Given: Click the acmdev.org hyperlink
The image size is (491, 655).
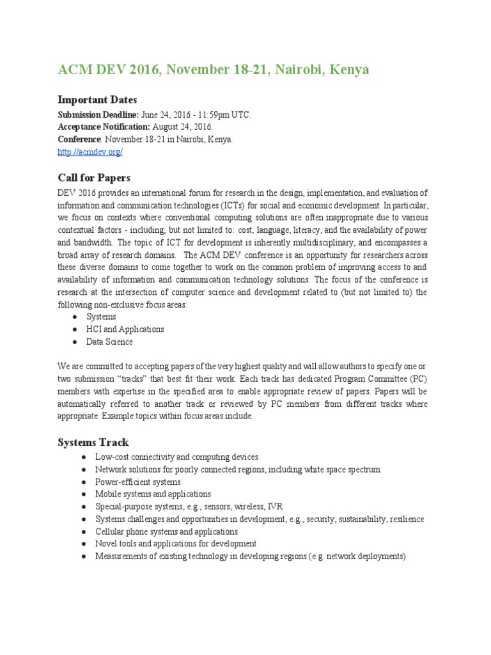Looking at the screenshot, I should point(90,152).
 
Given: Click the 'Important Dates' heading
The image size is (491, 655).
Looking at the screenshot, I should point(97,100).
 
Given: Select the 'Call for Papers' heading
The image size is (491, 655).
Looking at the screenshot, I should point(94,177).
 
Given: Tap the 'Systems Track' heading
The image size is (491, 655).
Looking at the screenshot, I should point(93,442).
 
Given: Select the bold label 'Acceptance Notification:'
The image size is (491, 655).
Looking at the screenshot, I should point(104,127).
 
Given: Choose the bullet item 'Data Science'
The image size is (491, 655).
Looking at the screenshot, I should point(110,342).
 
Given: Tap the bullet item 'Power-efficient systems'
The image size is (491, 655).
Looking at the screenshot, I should point(137,482).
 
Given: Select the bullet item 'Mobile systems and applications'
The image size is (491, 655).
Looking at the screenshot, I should point(153,494).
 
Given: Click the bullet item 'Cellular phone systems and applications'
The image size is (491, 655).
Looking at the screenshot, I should point(166,532).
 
